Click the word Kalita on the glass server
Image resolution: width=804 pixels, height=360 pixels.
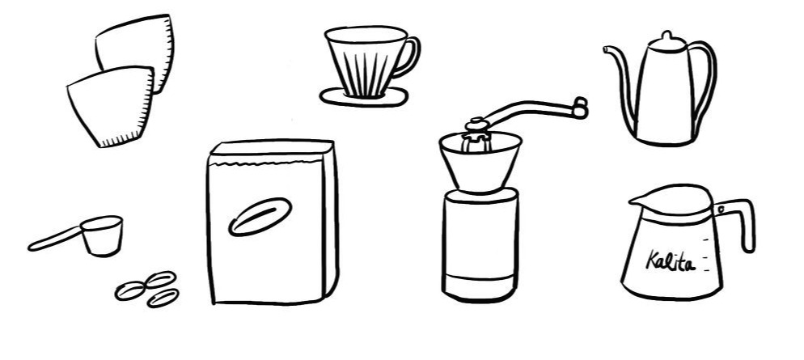(x=671, y=261)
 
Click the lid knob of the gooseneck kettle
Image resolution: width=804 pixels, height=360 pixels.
(x=666, y=39)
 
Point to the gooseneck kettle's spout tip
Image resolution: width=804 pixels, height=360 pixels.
(x=606, y=49)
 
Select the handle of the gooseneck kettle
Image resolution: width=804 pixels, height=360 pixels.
(x=708, y=82)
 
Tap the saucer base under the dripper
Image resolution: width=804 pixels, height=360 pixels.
(x=364, y=97)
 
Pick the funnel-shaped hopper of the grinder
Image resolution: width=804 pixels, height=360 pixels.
(x=480, y=160)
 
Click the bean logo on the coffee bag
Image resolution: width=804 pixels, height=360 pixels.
(x=260, y=217)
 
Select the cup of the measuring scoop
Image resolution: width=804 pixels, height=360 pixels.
(x=103, y=235)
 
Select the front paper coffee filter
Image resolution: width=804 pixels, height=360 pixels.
(x=111, y=106)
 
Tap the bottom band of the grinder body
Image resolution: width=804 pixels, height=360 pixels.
(x=480, y=286)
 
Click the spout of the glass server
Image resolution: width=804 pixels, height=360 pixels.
(x=636, y=201)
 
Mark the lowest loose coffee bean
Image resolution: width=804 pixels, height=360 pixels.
(x=163, y=298)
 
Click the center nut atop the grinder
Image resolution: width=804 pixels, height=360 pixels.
(x=477, y=125)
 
